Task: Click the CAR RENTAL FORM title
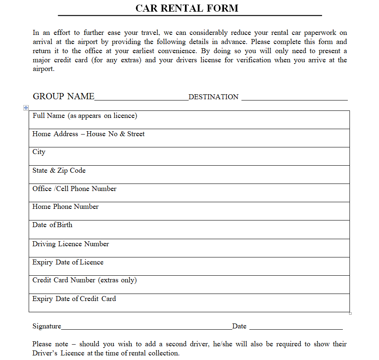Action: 187,8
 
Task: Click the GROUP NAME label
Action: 64,96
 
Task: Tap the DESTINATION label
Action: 214,97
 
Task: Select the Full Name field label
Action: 85,116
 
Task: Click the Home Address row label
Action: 89,134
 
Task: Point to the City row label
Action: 39,152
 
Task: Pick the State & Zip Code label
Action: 59,170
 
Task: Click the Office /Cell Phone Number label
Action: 74,189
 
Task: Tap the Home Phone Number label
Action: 66,207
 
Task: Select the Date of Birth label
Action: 52,225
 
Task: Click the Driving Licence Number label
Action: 71,244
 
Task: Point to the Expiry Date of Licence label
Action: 68,262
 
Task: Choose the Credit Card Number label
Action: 84,280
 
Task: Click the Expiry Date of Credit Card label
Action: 74,299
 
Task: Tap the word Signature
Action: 47,326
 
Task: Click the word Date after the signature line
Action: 239,326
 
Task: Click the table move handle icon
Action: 26,108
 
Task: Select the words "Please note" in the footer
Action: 48,344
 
